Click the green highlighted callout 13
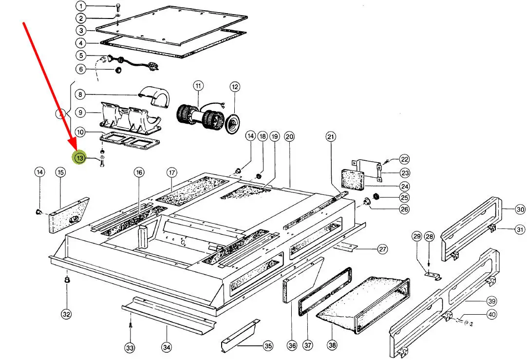pos(79,158)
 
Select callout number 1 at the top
pos(80,6)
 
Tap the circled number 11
pos(198,86)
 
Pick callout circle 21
pos(331,137)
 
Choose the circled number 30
pos(507,209)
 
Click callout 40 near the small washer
pos(492,315)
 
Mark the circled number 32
pos(66,314)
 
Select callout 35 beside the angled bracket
pos(268,346)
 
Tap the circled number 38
pos(332,345)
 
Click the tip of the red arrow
pos(76,149)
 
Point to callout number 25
pos(404,198)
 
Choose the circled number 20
pos(290,137)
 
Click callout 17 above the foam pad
pos(171,172)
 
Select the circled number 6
pos(80,69)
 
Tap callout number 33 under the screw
pos(129,348)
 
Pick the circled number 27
pos(383,249)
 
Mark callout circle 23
pos(405,172)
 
